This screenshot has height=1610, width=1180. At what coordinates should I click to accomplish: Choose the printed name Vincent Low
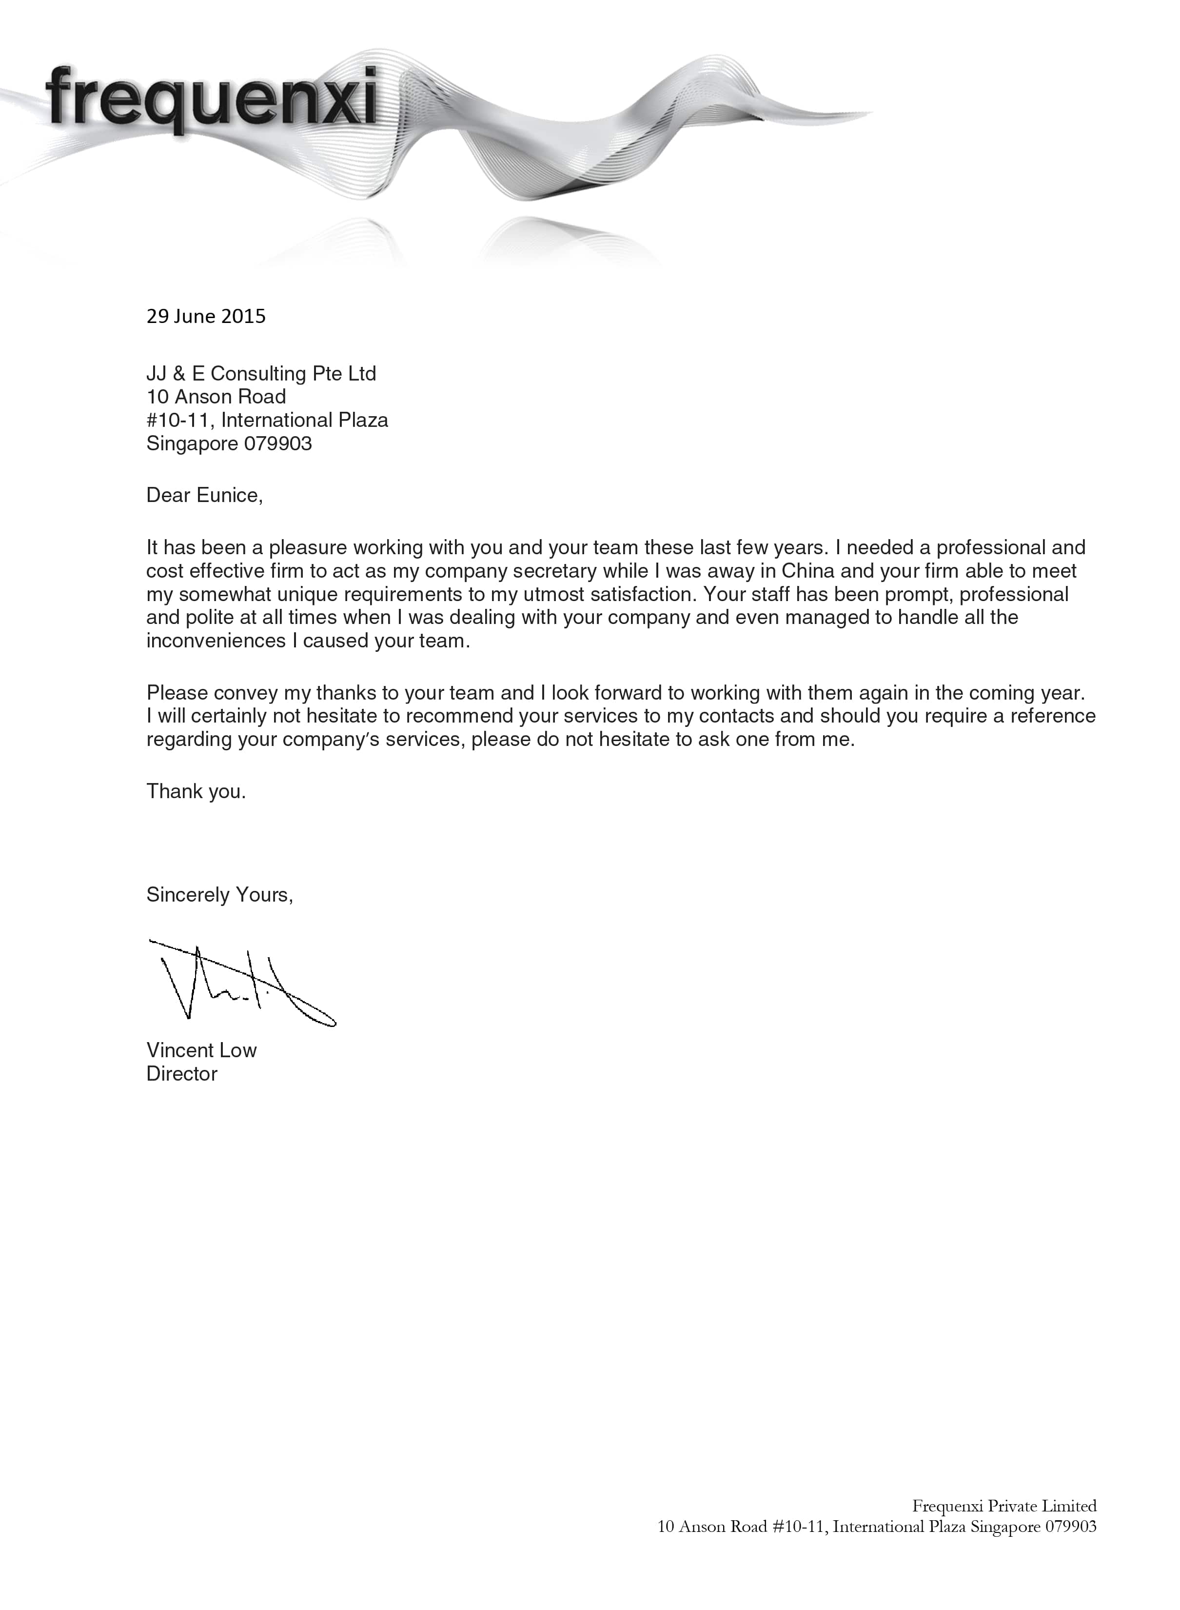[x=201, y=1050]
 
